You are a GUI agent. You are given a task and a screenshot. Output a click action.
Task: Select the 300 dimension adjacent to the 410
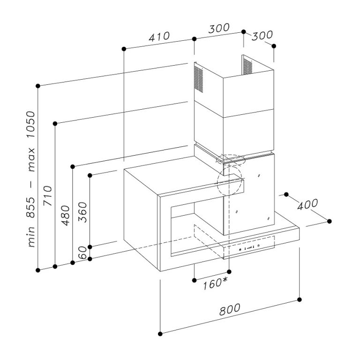218,28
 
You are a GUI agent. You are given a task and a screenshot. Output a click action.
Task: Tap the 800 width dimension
229,309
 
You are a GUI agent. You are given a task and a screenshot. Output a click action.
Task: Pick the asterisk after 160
225,280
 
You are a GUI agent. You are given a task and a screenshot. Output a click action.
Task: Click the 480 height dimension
65,216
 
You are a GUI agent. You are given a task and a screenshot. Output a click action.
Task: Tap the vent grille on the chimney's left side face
200,79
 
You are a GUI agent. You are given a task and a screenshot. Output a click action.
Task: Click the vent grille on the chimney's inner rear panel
247,66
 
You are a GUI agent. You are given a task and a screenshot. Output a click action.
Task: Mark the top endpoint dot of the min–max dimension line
37,86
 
